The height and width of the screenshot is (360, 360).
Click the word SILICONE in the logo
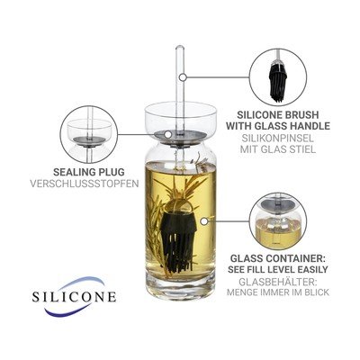[x=74, y=296]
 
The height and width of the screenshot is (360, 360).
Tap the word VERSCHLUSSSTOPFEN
[x=85, y=184]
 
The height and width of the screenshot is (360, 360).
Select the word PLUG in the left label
[x=111, y=172]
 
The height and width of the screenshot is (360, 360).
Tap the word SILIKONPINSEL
[x=277, y=139]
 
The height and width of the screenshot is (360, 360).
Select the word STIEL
[x=301, y=149]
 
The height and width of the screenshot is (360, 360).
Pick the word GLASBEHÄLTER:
[x=277, y=282]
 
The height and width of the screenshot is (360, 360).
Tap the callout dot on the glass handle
[x=184, y=77]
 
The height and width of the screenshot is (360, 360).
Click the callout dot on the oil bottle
[x=204, y=221]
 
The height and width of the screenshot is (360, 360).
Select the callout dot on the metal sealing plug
[x=168, y=134]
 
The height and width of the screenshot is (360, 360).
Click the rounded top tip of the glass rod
[x=180, y=46]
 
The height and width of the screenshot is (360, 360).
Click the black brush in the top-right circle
[x=278, y=80]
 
